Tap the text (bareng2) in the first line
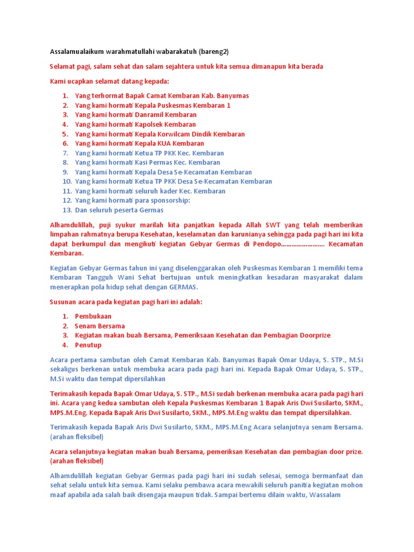(x=214, y=52)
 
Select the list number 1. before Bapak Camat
(x=65, y=96)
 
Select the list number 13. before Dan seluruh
(x=67, y=210)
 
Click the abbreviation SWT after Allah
(x=275, y=225)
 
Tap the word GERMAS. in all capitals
(x=184, y=287)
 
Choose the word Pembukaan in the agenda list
(x=93, y=316)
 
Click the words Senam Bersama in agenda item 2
(x=100, y=326)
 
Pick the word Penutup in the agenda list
(x=88, y=345)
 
